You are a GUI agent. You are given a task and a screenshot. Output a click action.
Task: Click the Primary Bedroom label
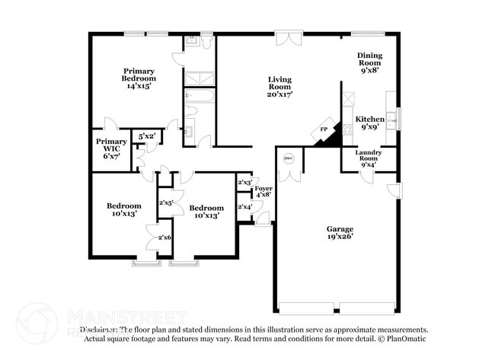139,78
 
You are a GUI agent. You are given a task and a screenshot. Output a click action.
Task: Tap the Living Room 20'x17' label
280,86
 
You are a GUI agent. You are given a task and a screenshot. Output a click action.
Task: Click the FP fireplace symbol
323,129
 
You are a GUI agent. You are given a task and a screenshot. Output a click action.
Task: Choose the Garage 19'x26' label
340,232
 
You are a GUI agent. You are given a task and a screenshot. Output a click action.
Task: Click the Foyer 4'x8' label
263,191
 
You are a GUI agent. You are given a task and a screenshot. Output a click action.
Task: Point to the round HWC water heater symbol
288,158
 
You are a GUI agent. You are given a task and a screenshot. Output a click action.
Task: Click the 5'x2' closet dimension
147,136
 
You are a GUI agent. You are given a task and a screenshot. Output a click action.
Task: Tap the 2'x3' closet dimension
244,183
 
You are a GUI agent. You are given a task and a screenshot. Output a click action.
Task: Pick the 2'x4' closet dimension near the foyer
244,207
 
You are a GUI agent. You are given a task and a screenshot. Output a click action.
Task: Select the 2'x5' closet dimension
166,203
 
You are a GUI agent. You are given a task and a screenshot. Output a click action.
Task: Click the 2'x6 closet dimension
164,237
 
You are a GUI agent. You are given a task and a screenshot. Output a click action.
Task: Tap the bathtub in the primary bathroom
200,97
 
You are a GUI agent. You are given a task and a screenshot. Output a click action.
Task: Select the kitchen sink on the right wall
392,119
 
